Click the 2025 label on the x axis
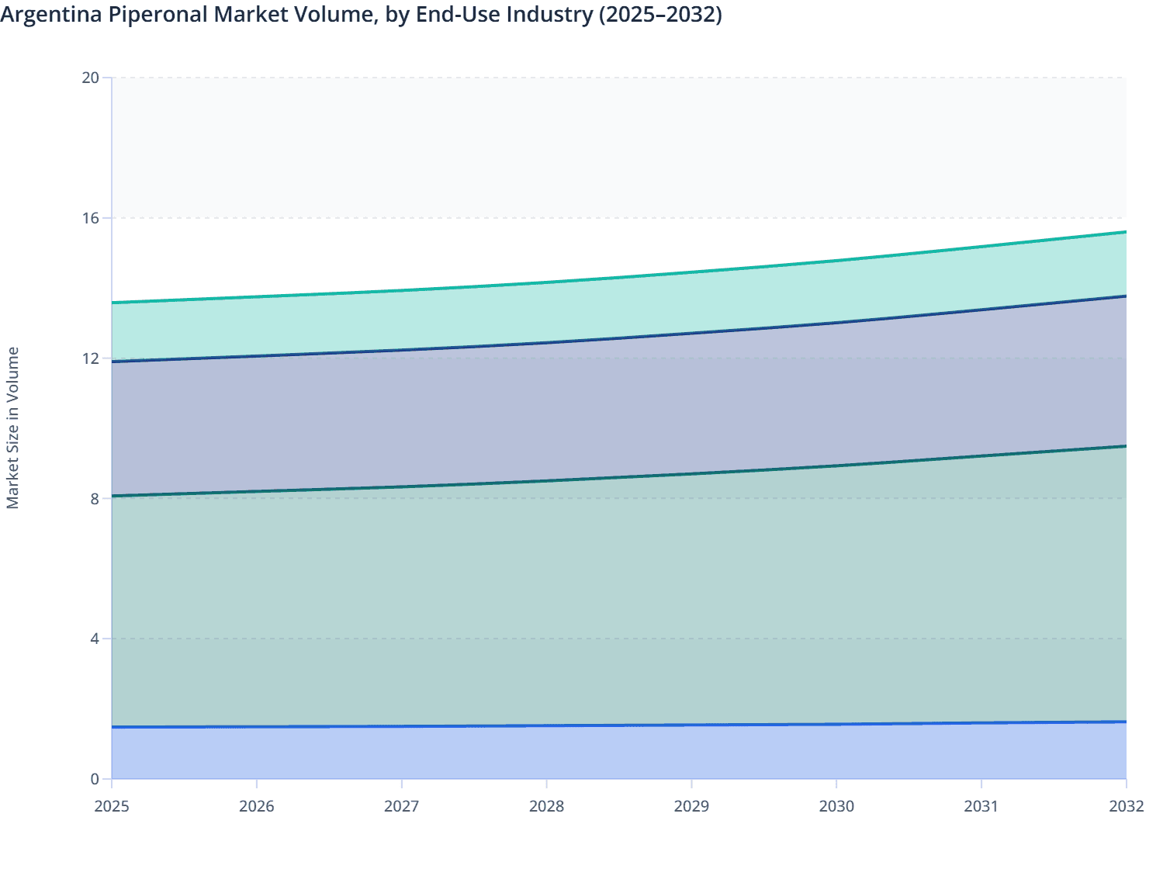coord(112,806)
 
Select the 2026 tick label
coord(257,806)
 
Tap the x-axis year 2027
coord(402,806)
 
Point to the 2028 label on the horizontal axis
coord(546,806)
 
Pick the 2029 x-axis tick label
coord(691,806)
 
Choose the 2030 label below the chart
coord(836,806)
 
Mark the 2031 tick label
coord(981,806)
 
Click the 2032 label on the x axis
coord(1126,806)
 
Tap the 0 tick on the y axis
coord(95,779)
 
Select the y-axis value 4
coord(95,639)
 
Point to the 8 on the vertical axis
coord(95,498)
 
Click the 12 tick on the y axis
coord(91,358)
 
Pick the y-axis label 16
coord(91,218)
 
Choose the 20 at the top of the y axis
coord(91,78)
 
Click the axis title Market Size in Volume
coord(12,428)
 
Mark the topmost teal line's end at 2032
coord(1126,232)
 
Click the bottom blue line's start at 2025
coord(112,727)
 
